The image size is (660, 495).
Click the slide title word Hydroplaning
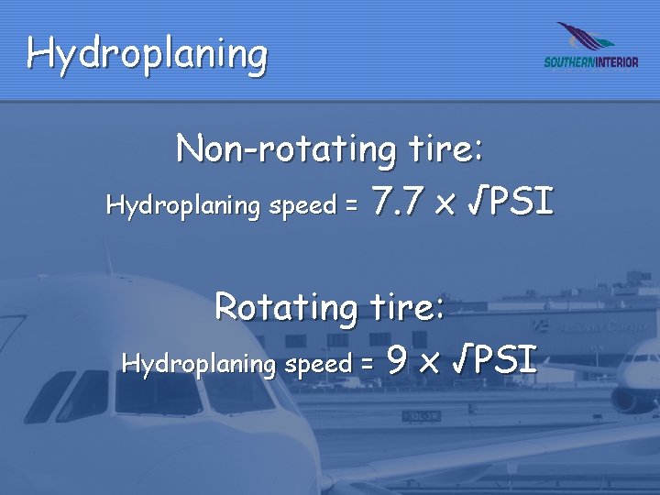point(147,54)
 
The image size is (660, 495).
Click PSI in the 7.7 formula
point(522,202)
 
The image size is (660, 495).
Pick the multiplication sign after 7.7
point(445,203)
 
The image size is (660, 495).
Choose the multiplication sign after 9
point(428,362)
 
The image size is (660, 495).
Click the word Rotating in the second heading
point(284,306)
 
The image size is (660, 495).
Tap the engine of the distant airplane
point(633,400)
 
